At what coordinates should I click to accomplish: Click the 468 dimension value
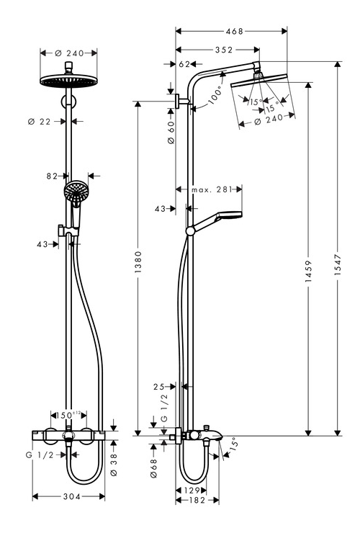point(235,31)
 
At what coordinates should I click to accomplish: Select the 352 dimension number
point(224,50)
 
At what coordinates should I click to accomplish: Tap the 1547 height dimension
point(338,264)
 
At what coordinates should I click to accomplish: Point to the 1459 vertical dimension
point(308,272)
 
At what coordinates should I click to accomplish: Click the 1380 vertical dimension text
point(138,262)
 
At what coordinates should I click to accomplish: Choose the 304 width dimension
point(72,497)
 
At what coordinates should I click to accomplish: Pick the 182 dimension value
point(197,500)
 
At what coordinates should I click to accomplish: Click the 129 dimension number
point(192,491)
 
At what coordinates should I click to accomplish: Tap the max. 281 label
point(212,189)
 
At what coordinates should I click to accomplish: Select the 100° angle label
point(215,95)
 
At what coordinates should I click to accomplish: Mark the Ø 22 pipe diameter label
point(39,121)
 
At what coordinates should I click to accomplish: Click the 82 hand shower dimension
point(52,176)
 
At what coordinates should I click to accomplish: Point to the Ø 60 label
point(171,133)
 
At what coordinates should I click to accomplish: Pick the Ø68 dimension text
point(153,468)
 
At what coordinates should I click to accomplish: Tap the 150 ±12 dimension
point(68,415)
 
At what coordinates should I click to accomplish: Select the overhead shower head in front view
point(68,81)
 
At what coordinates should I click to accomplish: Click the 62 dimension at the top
point(184,64)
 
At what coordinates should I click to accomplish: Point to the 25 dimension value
point(158,387)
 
